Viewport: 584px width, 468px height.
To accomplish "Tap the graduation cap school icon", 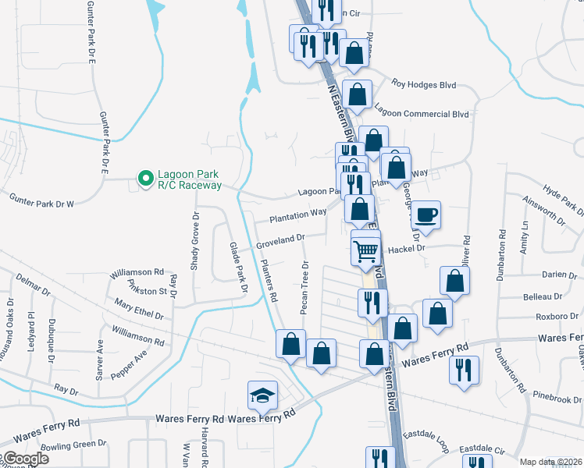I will click(x=262, y=396).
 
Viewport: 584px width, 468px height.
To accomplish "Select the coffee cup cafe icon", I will click(x=426, y=214).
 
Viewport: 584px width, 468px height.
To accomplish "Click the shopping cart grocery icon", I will click(x=365, y=250).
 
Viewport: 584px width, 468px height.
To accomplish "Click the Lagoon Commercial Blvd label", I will click(x=422, y=114).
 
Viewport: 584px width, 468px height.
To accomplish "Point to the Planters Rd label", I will click(x=269, y=281).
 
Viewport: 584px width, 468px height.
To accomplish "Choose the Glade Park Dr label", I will click(x=237, y=267).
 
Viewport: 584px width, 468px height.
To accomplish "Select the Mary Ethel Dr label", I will click(x=138, y=310).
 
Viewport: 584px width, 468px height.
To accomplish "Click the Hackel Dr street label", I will click(x=404, y=248).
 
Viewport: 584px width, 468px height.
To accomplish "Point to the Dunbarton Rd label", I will click(x=503, y=373).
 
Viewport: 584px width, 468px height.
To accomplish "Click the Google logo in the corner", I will click(x=25, y=459).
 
